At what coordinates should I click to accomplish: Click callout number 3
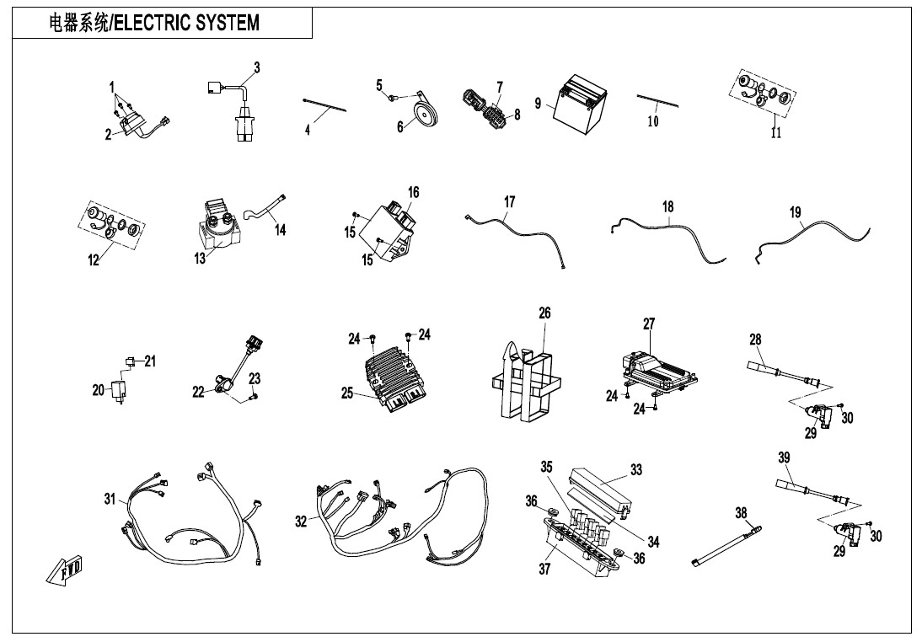pos(257,67)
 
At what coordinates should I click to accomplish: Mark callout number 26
pos(544,313)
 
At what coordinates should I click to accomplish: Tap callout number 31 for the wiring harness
pos(110,499)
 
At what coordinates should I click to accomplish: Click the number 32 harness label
pos(301,522)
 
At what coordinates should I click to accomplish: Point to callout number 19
pos(796,212)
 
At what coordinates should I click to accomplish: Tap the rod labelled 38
pos(725,544)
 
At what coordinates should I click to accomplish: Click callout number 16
pos(413,193)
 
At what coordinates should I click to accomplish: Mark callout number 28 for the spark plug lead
pos(755,340)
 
